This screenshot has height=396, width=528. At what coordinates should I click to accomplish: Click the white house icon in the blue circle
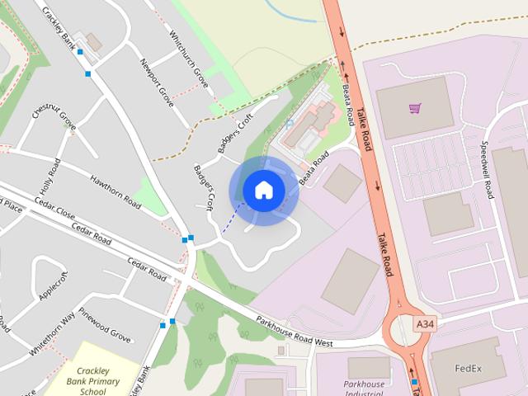(x=263, y=191)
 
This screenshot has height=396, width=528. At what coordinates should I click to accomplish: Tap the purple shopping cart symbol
(x=415, y=108)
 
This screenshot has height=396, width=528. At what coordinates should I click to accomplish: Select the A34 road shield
(x=425, y=325)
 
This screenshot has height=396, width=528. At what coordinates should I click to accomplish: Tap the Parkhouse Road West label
(x=294, y=331)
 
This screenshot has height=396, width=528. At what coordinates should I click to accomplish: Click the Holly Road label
(x=50, y=174)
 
